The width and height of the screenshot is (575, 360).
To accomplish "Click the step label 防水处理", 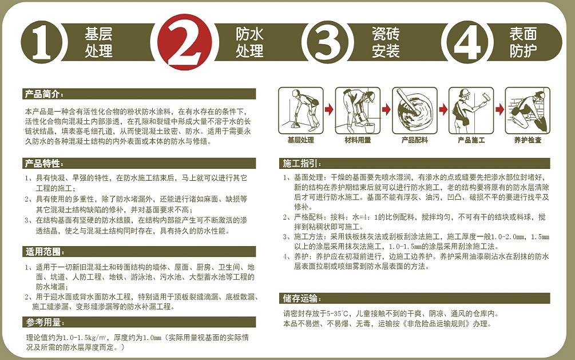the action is click(249, 42).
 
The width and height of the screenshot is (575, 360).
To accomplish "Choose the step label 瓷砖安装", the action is click(386, 42).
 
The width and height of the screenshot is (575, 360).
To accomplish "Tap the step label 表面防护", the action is click(523, 42).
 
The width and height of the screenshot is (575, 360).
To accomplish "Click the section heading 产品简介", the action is click(43, 94).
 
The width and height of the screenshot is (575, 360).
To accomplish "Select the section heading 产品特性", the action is click(43, 163).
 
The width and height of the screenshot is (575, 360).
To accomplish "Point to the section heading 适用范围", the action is click(45, 252).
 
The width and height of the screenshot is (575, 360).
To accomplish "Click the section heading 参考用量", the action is click(45, 323).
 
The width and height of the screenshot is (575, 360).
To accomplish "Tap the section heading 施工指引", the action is click(302, 163).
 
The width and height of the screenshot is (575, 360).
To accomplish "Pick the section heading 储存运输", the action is click(302, 298).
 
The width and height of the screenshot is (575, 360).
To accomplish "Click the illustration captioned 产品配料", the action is click(414, 110).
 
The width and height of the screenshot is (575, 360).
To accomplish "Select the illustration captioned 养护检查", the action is click(528, 110).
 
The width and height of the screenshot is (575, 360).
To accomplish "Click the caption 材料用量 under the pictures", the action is click(358, 140).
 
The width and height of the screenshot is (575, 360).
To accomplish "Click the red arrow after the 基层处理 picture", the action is click(330, 109).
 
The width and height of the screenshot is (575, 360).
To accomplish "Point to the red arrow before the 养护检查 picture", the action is click(499, 109).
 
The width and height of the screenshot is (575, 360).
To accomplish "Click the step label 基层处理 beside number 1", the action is click(98, 42).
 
